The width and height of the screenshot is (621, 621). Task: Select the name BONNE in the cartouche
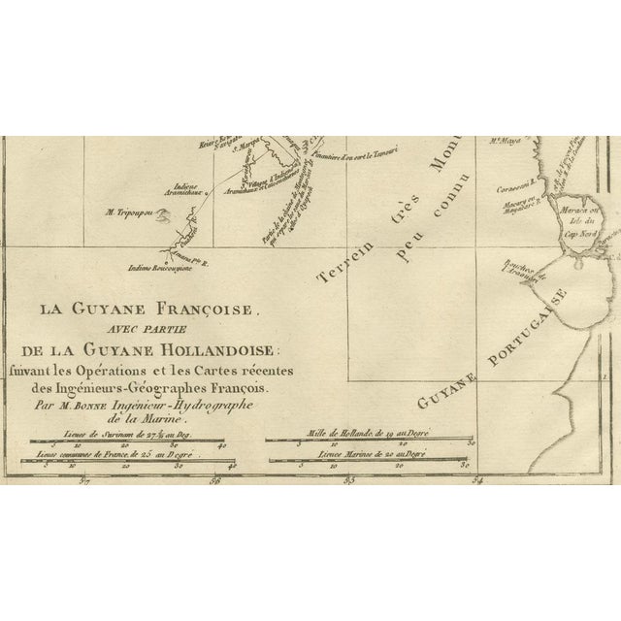(113, 397)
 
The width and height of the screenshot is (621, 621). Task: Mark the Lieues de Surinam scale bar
(140, 445)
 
